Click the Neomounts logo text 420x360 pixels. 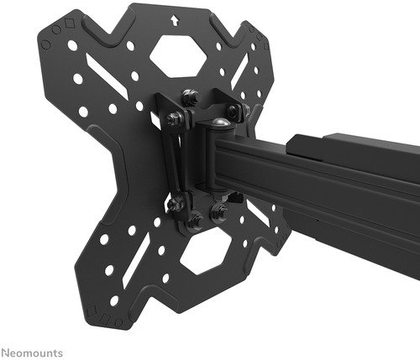click(x=31, y=352)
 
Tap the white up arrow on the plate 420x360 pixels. click(x=175, y=20)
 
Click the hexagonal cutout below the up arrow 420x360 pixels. click(x=178, y=56)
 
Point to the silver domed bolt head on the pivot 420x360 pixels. click(x=219, y=123)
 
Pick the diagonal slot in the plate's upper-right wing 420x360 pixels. click(x=239, y=71)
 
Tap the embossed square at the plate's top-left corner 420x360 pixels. click(x=68, y=23)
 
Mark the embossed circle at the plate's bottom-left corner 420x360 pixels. click(x=118, y=322)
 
